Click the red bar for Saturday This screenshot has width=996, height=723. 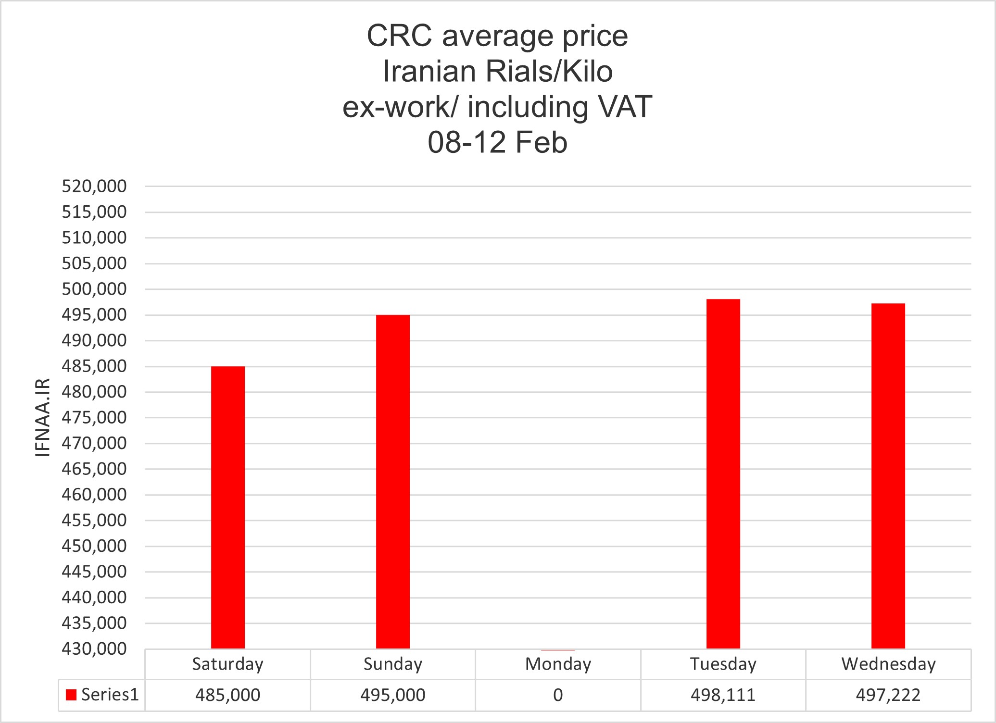point(228,507)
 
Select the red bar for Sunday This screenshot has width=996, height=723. point(393,482)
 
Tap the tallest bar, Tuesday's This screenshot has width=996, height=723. point(723,474)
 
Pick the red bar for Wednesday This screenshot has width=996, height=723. point(888,476)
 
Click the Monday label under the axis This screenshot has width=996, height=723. point(558,664)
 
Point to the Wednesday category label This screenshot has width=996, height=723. point(888,664)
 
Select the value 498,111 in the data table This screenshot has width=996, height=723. point(723,695)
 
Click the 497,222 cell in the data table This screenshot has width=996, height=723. point(888,695)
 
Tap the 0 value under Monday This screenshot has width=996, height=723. point(558,695)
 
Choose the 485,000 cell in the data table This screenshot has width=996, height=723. point(227,695)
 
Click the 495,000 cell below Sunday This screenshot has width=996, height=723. point(393,695)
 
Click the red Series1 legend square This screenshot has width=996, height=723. point(71,695)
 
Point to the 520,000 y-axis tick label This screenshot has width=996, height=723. point(94,186)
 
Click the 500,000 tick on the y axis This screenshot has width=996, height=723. point(94,289)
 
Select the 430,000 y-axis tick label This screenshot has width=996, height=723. point(94,649)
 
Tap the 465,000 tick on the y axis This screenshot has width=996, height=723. point(94,469)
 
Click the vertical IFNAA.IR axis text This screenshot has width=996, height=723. point(43,417)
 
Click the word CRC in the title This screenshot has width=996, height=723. point(399,36)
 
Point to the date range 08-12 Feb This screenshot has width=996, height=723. point(498,143)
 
